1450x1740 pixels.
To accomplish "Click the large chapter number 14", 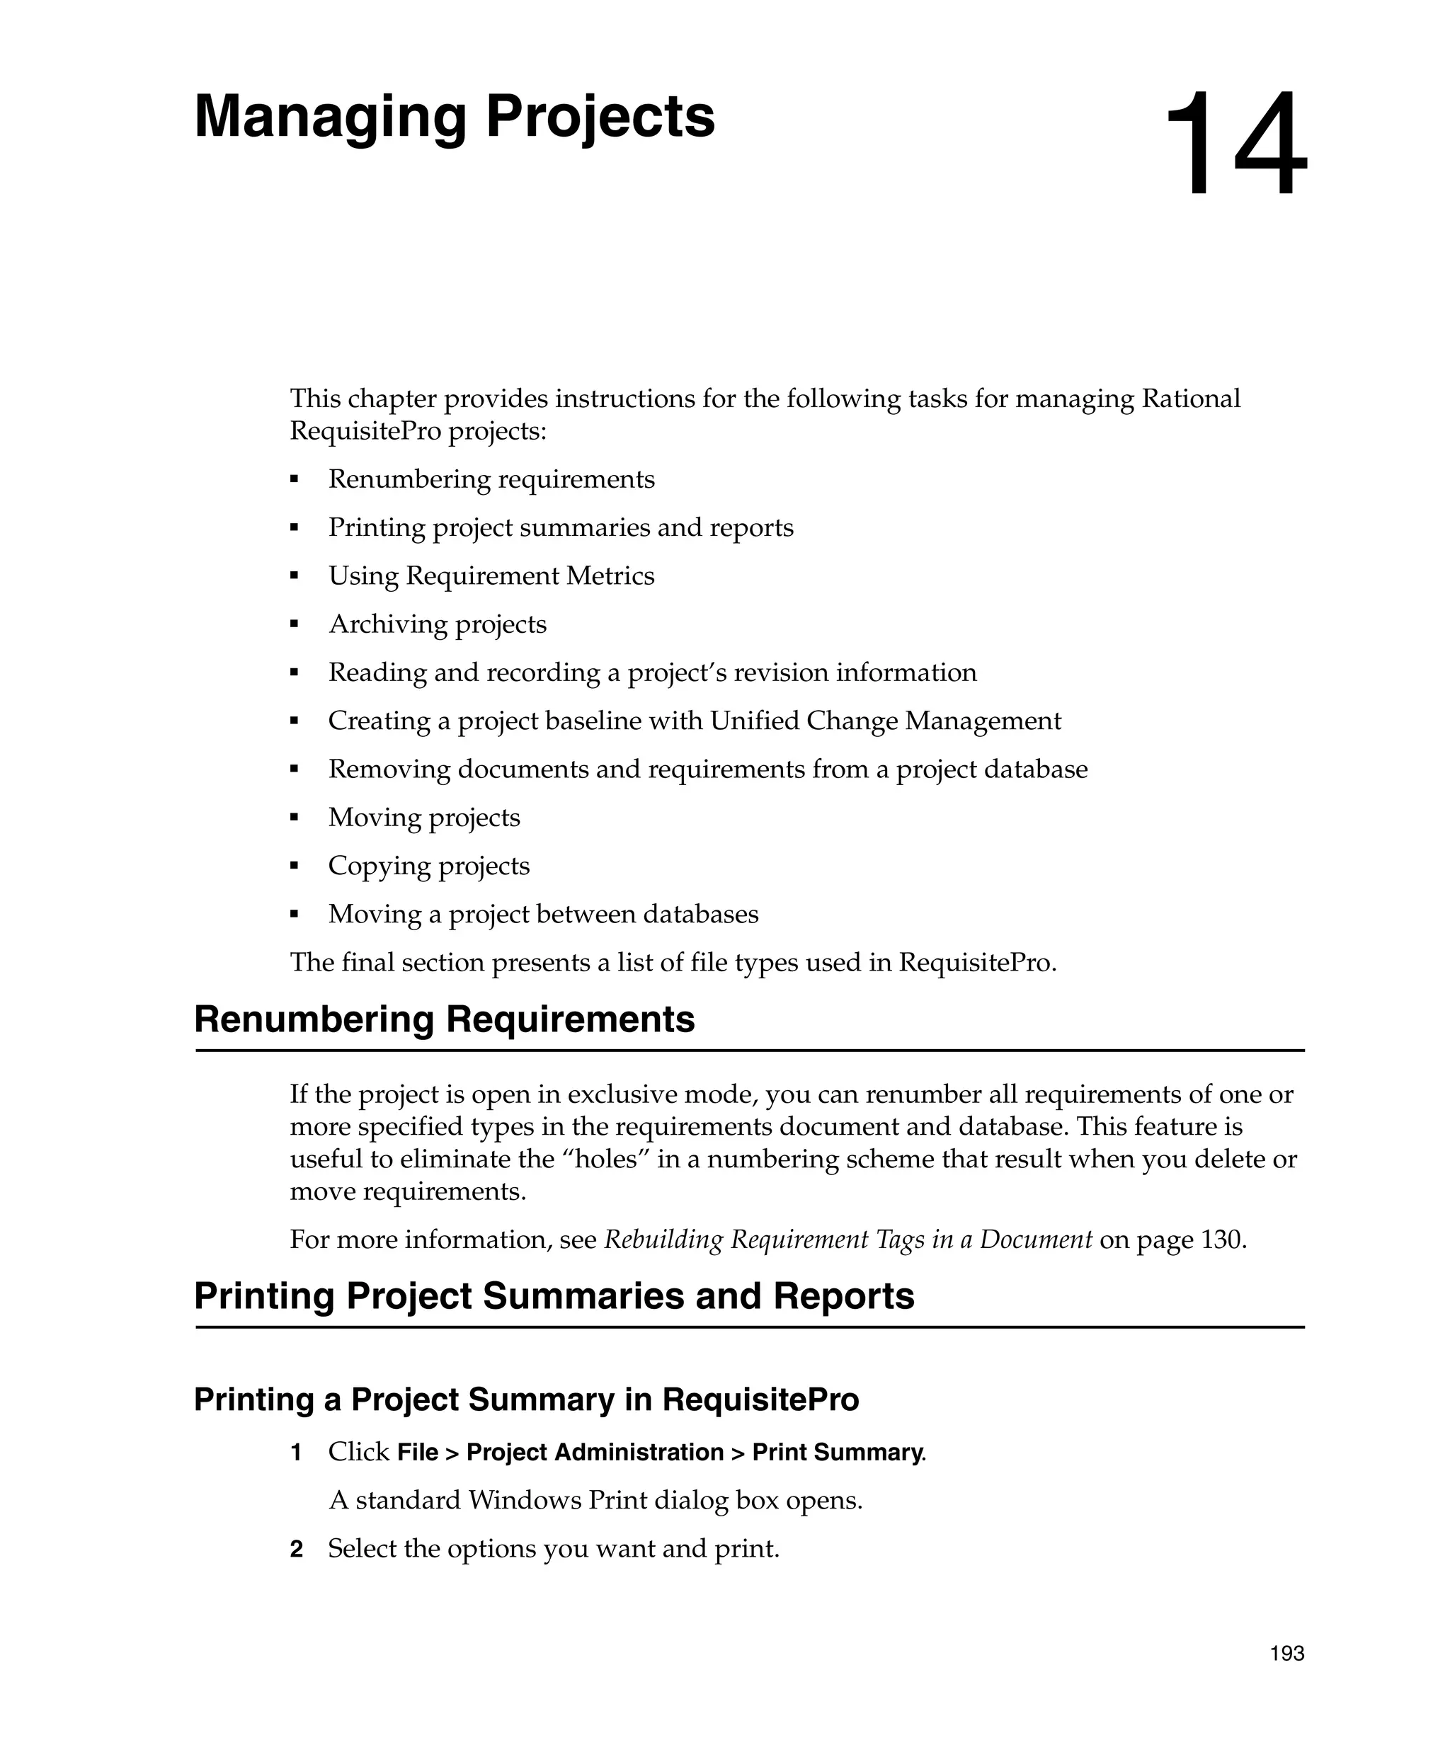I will pyautogui.click(x=1235, y=146).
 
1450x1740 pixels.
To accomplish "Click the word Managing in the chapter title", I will pyautogui.click(x=331, y=118).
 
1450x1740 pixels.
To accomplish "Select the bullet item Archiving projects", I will pyautogui.click(x=438, y=624).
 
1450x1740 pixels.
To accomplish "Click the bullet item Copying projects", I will pyautogui.click(x=428, y=866).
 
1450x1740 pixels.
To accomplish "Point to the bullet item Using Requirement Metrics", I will pyautogui.click(x=491, y=576).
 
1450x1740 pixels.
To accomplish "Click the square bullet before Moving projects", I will pyautogui.click(x=294, y=818).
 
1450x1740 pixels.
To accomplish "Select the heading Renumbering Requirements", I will pyautogui.click(x=444, y=1019).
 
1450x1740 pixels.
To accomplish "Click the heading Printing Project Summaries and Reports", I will pyautogui.click(x=554, y=1296).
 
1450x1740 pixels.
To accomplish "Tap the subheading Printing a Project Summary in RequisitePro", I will pyautogui.click(x=526, y=1400).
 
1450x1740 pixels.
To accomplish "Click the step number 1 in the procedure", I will pyautogui.click(x=296, y=1453).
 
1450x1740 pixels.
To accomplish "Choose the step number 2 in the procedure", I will pyautogui.click(x=296, y=1549).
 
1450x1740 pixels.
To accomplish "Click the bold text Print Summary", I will pyautogui.click(x=838, y=1453).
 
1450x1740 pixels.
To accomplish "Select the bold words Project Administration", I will pyautogui.click(x=595, y=1453).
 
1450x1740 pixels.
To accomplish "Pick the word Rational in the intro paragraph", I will pyautogui.click(x=1191, y=399).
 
